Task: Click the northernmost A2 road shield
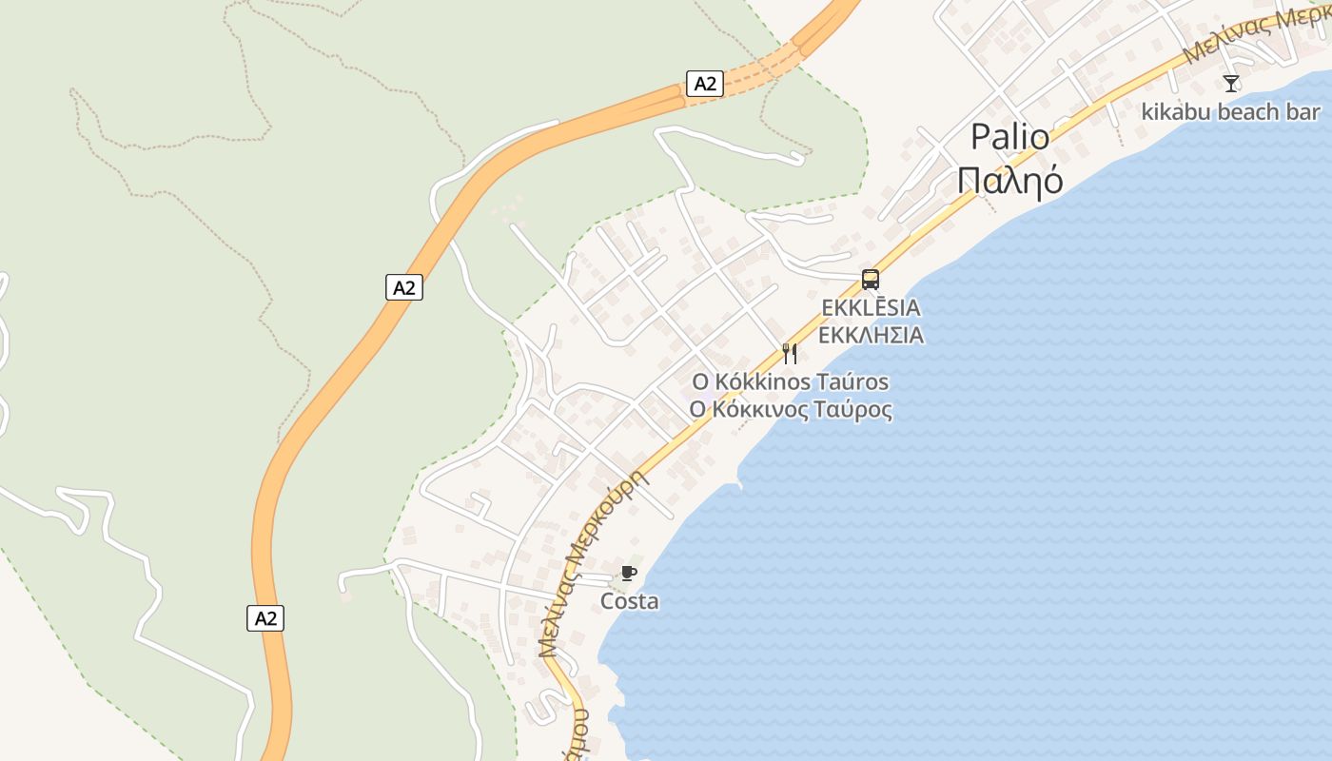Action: point(704,84)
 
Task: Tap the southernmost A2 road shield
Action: point(265,618)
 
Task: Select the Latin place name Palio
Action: point(1009,138)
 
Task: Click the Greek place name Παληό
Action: point(1009,180)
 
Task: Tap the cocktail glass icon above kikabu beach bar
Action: point(1231,84)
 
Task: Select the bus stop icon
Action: point(870,280)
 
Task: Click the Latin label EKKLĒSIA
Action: point(871,308)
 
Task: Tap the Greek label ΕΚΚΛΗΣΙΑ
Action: point(871,335)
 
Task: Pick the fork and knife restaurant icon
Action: point(789,354)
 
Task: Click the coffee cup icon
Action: point(628,573)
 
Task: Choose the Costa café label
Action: point(629,601)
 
